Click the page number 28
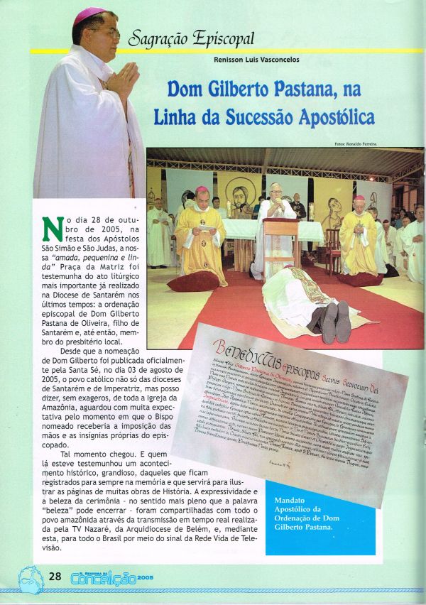point(54,576)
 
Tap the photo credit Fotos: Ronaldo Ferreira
point(356,144)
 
